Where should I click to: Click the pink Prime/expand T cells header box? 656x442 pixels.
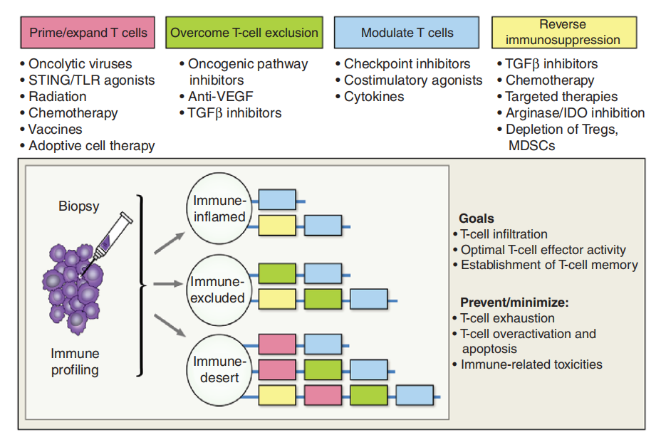[88, 33]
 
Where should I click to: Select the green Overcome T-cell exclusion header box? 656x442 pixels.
[244, 33]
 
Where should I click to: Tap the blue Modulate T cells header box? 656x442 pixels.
[407, 33]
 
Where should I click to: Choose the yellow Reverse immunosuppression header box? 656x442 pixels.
[568, 33]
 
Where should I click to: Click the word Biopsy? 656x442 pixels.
[79, 206]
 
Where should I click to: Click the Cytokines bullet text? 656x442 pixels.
[373, 97]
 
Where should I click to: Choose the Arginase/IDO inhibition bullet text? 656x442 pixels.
[574, 113]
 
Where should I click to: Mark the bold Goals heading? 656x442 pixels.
[477, 218]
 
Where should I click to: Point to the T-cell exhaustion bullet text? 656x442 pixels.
[507, 318]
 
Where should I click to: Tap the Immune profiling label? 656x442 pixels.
[76, 362]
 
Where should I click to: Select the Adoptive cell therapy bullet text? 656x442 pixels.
[91, 146]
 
